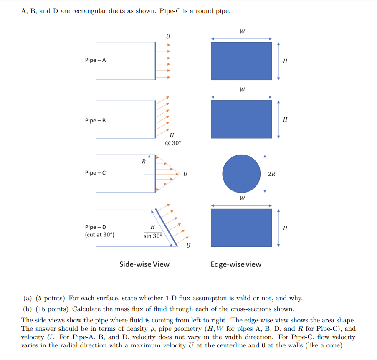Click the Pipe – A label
pos(95,60)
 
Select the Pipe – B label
pos(95,121)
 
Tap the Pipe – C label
pos(95,173)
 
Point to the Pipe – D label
pos(96,227)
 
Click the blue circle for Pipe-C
pos(241,173)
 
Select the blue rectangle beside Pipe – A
pos(241,61)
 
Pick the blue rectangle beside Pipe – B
pos(241,119)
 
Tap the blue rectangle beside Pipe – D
pos(241,228)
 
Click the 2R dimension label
pos(271,174)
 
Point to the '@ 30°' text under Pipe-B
pos(173,143)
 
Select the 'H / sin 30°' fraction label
pos(152,231)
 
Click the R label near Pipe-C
pos(143,162)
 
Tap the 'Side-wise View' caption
pos(144,264)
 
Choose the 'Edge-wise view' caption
pos(236,264)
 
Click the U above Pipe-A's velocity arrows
pos(168,36)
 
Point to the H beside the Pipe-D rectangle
pos(285,228)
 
